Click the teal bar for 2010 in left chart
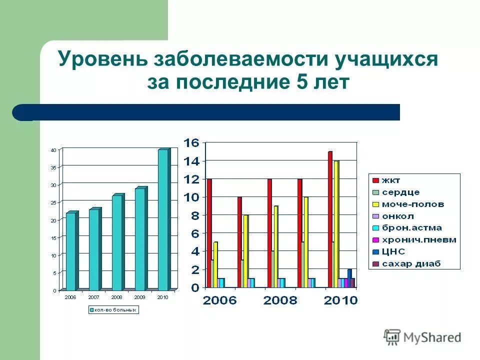[x=163, y=220]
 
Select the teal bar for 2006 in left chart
[x=71, y=251]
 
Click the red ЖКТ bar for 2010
[x=330, y=220]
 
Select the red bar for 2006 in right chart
[x=209, y=233]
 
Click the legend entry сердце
[x=400, y=192]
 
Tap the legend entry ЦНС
[x=392, y=251]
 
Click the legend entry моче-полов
[x=412, y=204]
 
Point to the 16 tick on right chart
[x=191, y=143]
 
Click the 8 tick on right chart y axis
[x=194, y=215]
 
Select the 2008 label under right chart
[x=280, y=300]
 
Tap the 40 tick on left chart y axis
[x=53, y=150]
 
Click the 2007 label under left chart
[x=93, y=296]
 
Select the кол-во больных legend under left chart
[x=113, y=310]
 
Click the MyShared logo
[x=422, y=337]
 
